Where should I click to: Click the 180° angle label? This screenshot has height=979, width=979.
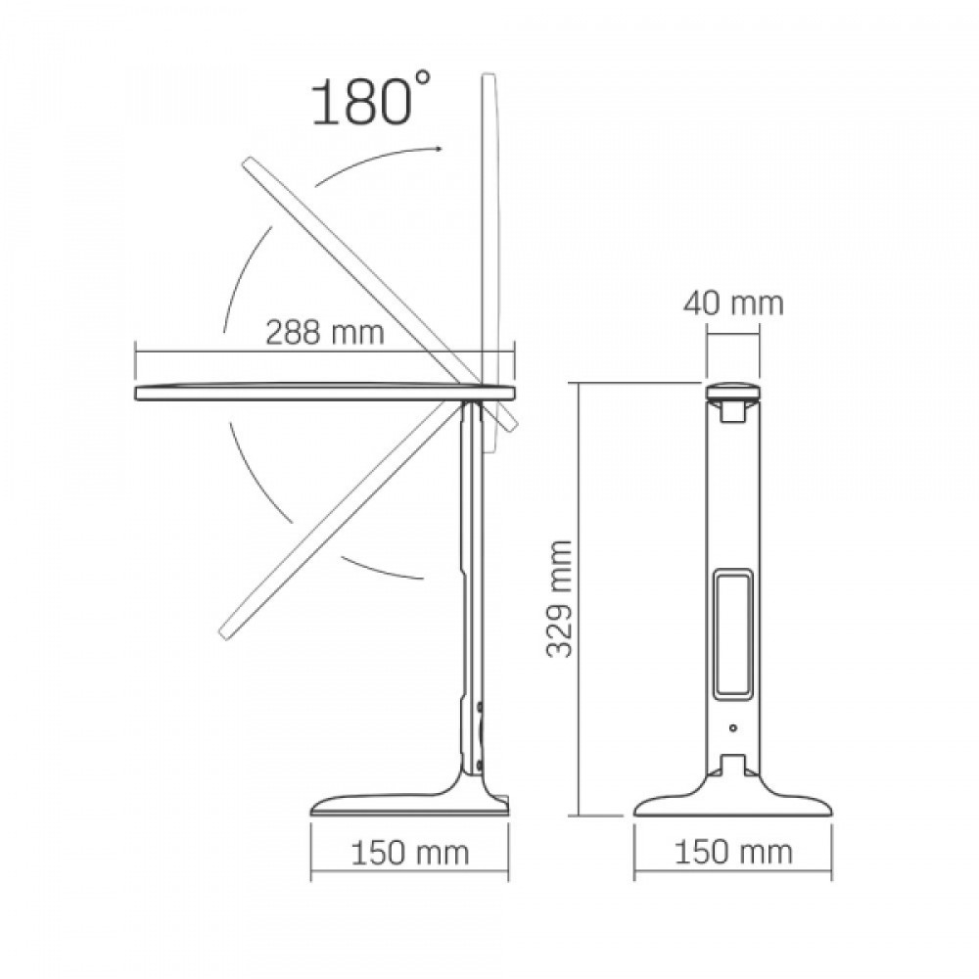tap(371, 99)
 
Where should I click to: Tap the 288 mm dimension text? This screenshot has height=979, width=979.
tap(325, 332)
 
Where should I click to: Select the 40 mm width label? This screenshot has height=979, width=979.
tap(733, 303)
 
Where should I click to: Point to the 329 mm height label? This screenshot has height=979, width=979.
tap(560, 598)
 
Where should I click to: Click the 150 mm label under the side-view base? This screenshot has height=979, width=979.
tap(409, 853)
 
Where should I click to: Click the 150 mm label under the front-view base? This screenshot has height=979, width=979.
tap(733, 853)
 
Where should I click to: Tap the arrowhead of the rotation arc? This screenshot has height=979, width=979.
tap(439, 149)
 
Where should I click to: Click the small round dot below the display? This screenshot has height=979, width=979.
tap(733, 727)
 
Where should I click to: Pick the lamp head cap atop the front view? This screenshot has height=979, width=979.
tap(733, 394)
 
